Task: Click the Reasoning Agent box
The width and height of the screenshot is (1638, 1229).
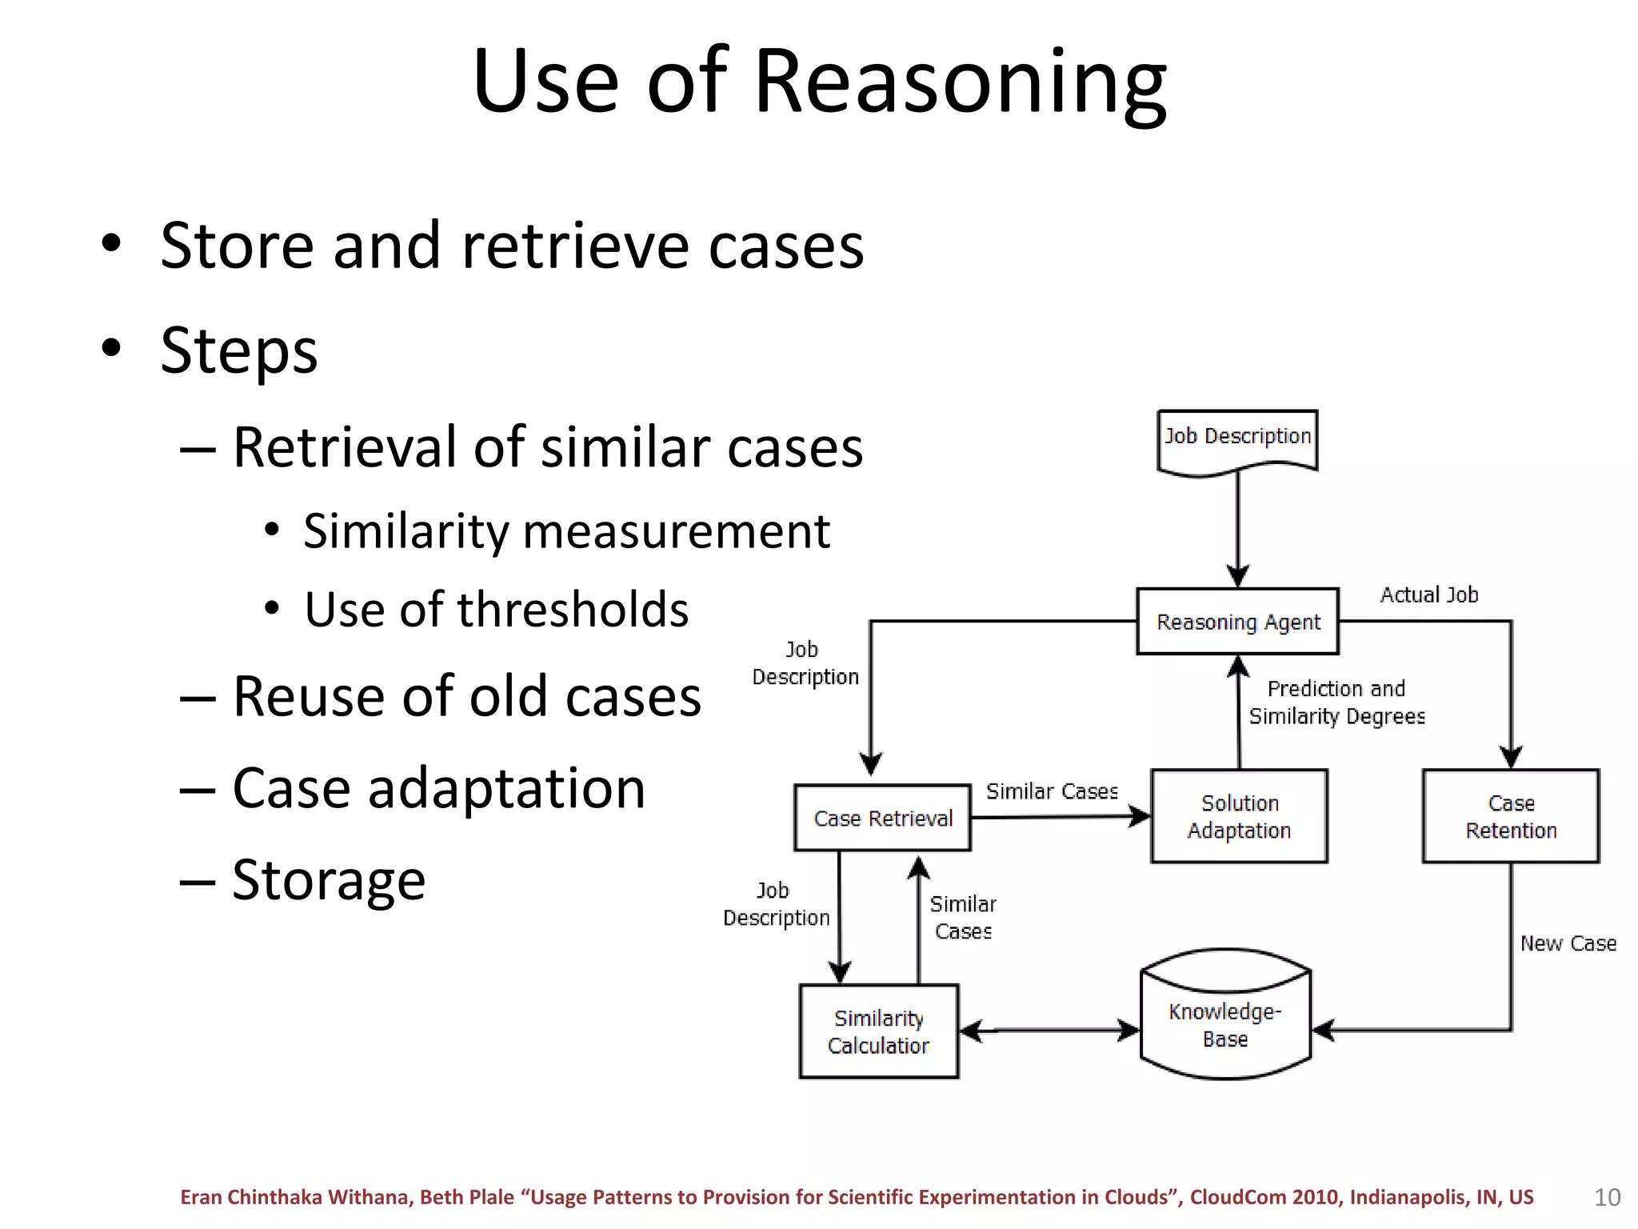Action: pyautogui.click(x=1237, y=622)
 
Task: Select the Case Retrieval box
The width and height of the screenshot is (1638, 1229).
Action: pyautogui.click(x=882, y=818)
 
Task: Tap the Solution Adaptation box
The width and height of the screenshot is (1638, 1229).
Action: pyautogui.click(x=1239, y=816)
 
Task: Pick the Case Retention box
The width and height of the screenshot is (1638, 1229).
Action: pyautogui.click(x=1510, y=816)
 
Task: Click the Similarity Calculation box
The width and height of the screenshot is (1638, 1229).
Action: pyautogui.click(x=878, y=1031)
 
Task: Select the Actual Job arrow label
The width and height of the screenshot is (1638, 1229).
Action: pyautogui.click(x=1428, y=594)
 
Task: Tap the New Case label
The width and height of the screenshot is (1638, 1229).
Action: pyautogui.click(x=1568, y=943)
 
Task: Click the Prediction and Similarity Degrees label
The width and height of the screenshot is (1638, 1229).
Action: pyautogui.click(x=1336, y=702)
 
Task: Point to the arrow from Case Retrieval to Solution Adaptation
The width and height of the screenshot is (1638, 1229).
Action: pyautogui.click(x=1060, y=817)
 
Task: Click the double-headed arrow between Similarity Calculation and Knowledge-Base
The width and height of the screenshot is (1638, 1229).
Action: pyautogui.click(x=1049, y=1031)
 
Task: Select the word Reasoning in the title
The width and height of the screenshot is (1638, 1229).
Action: pyautogui.click(x=959, y=82)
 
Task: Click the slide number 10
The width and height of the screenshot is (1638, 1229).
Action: pyautogui.click(x=1607, y=1197)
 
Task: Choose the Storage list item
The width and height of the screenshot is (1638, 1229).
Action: pyautogui.click(x=328, y=879)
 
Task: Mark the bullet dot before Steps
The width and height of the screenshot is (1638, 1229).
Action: pyautogui.click(x=111, y=348)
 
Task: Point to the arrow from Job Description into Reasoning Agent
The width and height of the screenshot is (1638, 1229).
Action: pyautogui.click(x=1237, y=528)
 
